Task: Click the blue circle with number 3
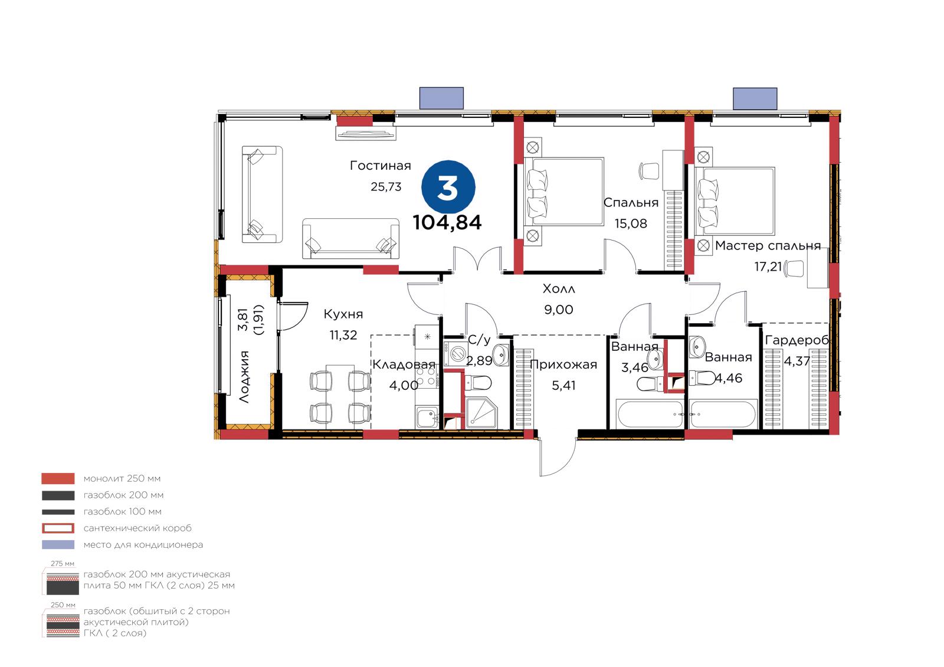[x=448, y=187]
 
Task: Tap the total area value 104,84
[x=447, y=222]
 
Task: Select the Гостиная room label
[x=380, y=166]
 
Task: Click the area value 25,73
[x=386, y=187]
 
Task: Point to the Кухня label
[x=343, y=314]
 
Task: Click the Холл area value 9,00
[x=558, y=310]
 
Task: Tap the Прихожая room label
[x=563, y=364]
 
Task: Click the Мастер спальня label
[x=768, y=245]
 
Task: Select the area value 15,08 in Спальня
[x=631, y=224]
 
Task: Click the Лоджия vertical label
[x=244, y=377]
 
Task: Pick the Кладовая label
[x=404, y=364]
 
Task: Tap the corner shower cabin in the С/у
[x=481, y=412]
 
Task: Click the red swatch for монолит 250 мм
[x=58, y=478]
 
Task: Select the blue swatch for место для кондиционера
[x=58, y=544]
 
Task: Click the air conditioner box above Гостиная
[x=441, y=98]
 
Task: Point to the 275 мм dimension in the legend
[x=63, y=563]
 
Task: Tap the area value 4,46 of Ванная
[x=729, y=378]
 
